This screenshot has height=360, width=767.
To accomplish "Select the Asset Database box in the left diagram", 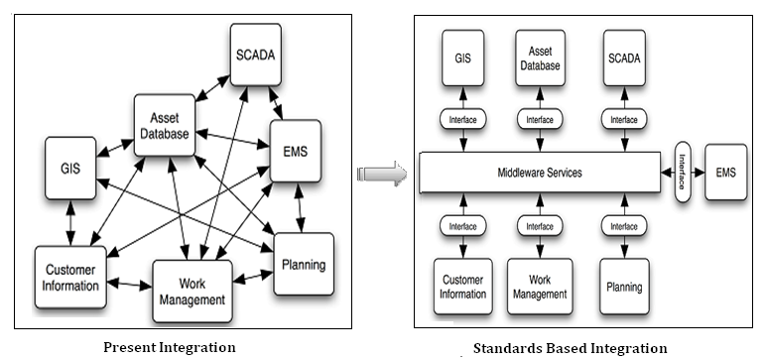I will (163, 128).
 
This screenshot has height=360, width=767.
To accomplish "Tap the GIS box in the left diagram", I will (71, 168).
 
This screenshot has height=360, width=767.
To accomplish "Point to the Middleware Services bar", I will (539, 173).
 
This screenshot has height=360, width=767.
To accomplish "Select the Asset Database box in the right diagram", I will (540, 58).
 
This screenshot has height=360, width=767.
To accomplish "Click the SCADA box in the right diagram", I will (623, 58).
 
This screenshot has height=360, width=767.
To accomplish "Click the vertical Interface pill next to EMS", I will (683, 173).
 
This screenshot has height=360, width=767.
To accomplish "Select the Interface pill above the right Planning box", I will (623, 226).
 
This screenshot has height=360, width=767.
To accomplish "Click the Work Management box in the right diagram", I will (540, 287).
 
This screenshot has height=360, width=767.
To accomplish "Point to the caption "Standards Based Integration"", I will (570, 348).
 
